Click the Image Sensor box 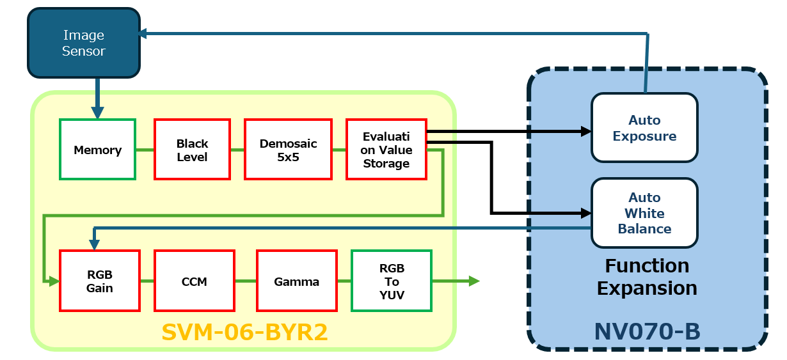click(x=83, y=43)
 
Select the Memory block click(x=97, y=150)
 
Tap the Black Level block click(x=192, y=150)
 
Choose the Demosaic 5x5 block click(x=288, y=150)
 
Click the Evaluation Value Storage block click(x=386, y=150)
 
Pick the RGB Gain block click(x=99, y=281)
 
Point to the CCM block click(x=194, y=281)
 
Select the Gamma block click(x=296, y=281)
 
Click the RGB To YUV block click(x=392, y=281)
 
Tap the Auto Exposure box click(x=644, y=128)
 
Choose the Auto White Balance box click(x=644, y=213)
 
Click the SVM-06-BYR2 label click(x=244, y=332)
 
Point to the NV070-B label click(x=647, y=332)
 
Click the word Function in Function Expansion click(x=647, y=265)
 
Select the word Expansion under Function click(x=647, y=288)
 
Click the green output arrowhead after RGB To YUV click(x=473, y=281)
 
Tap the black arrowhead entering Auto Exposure click(x=585, y=132)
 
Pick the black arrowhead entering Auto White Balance click(x=585, y=212)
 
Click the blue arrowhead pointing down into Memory click(x=97, y=113)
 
